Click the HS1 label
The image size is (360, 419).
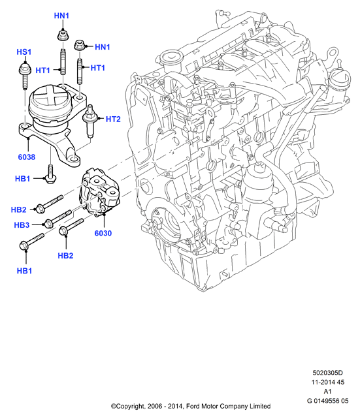coord(24,52)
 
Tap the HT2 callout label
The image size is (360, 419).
coord(113,119)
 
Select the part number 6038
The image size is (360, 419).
coord(27,157)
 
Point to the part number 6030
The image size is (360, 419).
coord(103,233)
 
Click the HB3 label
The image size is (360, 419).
coord(22,225)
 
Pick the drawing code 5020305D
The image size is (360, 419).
coord(327,373)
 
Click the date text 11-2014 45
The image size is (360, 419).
coord(327,382)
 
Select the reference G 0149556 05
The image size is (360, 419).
coord(327,401)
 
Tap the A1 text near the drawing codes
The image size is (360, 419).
coord(327,392)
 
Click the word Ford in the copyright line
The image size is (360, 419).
coord(192,406)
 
